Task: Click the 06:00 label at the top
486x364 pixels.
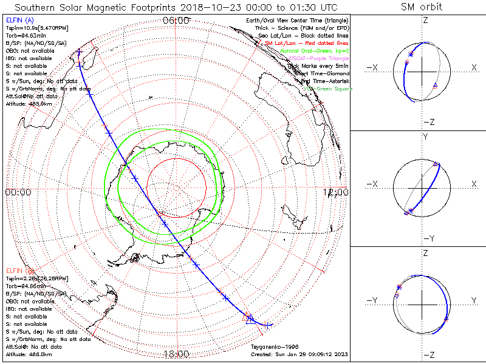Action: click(176, 21)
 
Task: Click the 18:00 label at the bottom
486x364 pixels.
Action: click(176, 354)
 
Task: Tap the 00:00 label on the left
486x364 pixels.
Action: click(18, 192)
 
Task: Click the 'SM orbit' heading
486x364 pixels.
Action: click(422, 7)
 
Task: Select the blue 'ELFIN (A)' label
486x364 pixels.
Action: click(20, 20)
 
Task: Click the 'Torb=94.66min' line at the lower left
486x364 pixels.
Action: click(26, 285)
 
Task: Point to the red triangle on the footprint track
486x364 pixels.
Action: click(247, 317)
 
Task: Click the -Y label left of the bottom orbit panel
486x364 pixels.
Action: click(372, 300)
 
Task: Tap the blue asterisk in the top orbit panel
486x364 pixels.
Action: click(411, 55)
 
